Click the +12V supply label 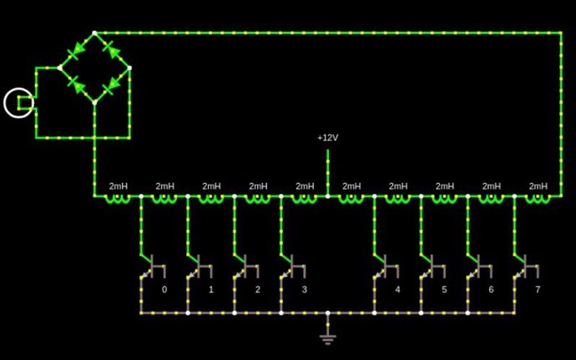[327, 138]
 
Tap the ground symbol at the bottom [327, 337]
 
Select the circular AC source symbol [19, 104]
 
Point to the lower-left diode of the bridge [76, 85]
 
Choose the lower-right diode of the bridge [112, 85]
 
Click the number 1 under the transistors [210, 290]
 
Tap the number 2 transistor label [257, 290]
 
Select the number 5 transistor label [444, 290]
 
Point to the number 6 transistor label [491, 290]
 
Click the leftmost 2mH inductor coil [118, 198]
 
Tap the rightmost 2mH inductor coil [538, 198]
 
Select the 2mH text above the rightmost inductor [538, 185]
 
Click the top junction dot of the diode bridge [94, 33]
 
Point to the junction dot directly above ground [327, 313]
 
